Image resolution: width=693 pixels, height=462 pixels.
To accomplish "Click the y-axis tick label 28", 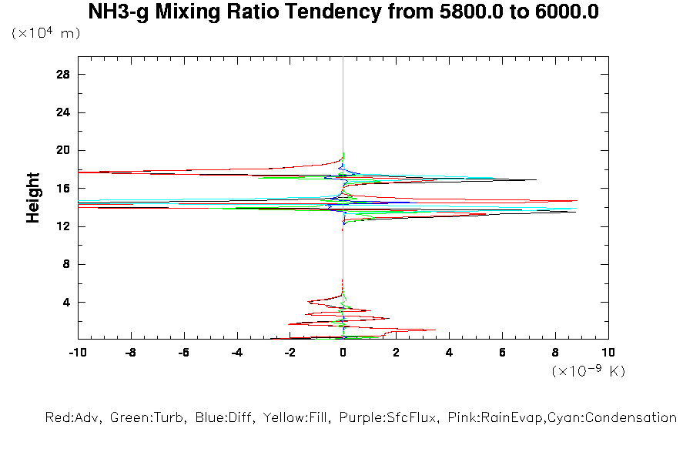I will pyautogui.click(x=64, y=75).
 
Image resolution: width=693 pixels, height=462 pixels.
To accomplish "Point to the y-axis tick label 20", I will pyautogui.click(x=64, y=150).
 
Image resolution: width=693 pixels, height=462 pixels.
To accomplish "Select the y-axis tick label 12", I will pyautogui.click(x=64, y=226).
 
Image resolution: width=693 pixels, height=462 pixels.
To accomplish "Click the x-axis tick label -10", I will pyautogui.click(x=77, y=353).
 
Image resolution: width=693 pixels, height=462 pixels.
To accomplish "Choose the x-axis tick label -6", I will pyautogui.click(x=183, y=353).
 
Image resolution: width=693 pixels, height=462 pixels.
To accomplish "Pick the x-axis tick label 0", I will pyautogui.click(x=343, y=353).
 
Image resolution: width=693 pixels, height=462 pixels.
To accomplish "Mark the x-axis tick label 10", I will pyautogui.click(x=608, y=353).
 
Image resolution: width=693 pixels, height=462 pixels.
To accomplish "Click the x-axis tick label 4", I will pyautogui.click(x=450, y=353).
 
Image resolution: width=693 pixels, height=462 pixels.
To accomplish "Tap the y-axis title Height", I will pyautogui.click(x=33, y=198).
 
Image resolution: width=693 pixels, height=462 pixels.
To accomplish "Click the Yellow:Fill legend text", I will pyautogui.click(x=292, y=418).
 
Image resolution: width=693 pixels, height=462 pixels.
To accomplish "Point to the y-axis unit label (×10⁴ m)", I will pyautogui.click(x=45, y=33).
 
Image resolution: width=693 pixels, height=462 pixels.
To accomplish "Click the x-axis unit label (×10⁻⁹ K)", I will pyautogui.click(x=588, y=371).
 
